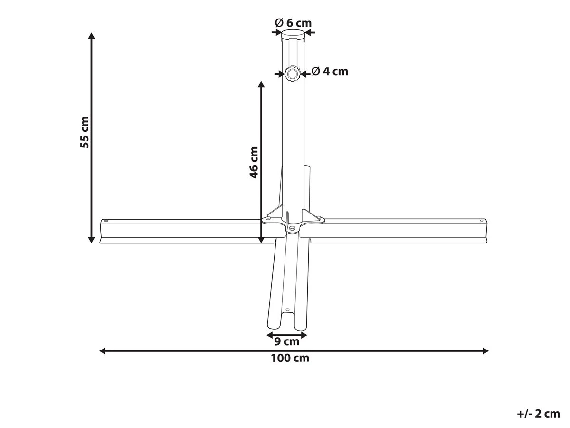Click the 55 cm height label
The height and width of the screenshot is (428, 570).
[x=85, y=132]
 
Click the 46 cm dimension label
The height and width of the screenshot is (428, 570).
[x=254, y=162]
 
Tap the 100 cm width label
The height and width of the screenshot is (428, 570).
[x=290, y=359]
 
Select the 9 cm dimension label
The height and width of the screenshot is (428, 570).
[x=287, y=341]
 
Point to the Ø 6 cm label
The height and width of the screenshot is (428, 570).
[x=294, y=22]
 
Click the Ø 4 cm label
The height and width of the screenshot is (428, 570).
[x=330, y=71]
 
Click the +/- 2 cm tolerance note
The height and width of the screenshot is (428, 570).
[x=538, y=414]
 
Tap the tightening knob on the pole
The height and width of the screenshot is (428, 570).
[x=292, y=73]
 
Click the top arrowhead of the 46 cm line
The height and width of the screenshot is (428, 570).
[x=261, y=85]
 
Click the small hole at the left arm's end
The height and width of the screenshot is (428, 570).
[x=106, y=221]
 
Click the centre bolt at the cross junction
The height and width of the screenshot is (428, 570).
[x=292, y=229]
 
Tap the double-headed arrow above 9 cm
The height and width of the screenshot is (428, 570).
[x=287, y=335]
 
